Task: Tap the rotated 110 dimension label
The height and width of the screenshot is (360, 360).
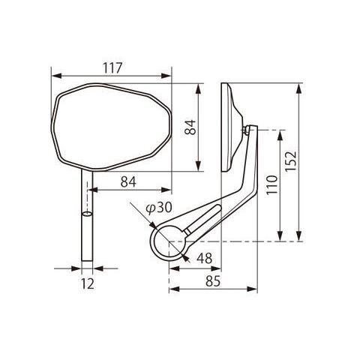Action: point(272,184)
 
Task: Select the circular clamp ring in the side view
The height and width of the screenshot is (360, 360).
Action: point(169,241)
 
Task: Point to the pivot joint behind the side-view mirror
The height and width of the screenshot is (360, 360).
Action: point(248,131)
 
